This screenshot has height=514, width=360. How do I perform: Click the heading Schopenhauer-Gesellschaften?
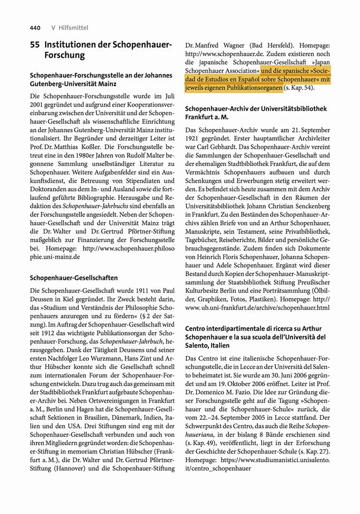(74, 278)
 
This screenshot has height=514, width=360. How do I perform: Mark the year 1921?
(194, 139)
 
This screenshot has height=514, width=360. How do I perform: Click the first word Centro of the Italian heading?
(198, 328)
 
